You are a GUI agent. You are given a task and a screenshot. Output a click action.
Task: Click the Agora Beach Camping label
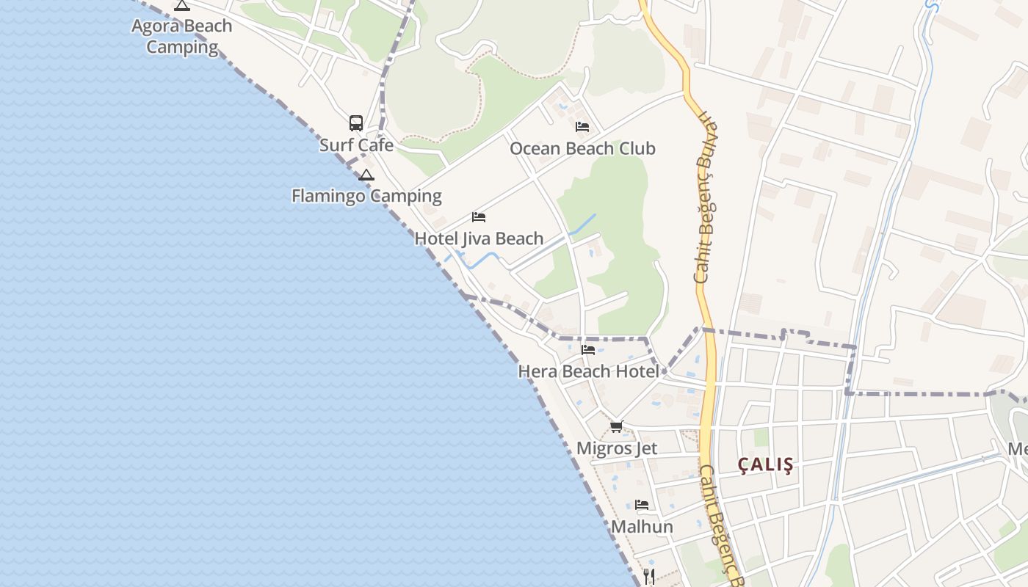[x=181, y=37]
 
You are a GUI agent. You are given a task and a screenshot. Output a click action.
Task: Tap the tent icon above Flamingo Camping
[x=366, y=175]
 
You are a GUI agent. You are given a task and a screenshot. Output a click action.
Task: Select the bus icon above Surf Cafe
[x=356, y=123]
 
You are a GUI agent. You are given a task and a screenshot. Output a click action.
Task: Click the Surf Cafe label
[x=356, y=145]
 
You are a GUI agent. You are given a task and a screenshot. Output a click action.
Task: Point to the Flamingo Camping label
[x=366, y=196]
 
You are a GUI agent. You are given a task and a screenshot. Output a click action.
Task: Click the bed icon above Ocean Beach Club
[x=582, y=127]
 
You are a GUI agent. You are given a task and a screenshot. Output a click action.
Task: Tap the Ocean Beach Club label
[x=582, y=149]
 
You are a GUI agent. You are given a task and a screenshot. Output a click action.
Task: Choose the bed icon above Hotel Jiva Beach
[x=479, y=217]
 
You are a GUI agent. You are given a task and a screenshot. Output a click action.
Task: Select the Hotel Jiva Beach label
[x=479, y=238]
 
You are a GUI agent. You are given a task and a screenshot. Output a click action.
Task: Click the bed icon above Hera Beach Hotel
[x=588, y=350]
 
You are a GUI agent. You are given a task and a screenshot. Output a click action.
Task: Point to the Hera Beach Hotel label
[x=588, y=371]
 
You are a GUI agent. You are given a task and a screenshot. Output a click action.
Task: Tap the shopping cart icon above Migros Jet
[x=617, y=426]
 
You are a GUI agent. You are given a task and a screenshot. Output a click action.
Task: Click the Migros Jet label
[x=617, y=448]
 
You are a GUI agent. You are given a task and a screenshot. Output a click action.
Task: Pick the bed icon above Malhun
[x=642, y=505]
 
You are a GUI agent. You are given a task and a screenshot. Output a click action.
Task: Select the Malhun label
[x=642, y=527]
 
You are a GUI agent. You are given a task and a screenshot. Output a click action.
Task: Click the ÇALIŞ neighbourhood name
[x=766, y=465]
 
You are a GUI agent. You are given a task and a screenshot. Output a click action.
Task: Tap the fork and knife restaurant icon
[x=648, y=576]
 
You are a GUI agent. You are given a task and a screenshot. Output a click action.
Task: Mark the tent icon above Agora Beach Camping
[x=181, y=6]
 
